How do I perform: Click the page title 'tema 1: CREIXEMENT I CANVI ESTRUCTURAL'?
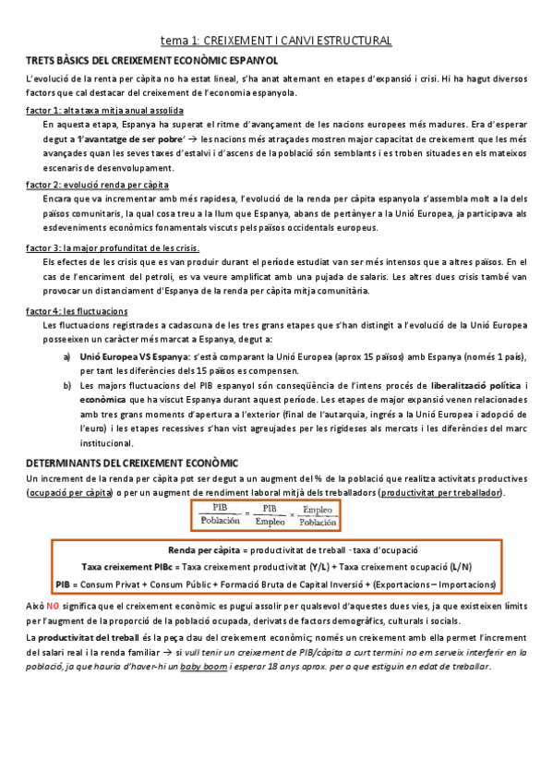(276, 41)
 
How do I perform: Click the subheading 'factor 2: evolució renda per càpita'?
(78, 185)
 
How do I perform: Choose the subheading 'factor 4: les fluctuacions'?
(77, 311)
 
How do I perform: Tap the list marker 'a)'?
(66, 355)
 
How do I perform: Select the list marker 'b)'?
(66, 384)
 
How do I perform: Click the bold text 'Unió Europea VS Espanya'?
(135, 355)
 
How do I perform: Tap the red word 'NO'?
(53, 605)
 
